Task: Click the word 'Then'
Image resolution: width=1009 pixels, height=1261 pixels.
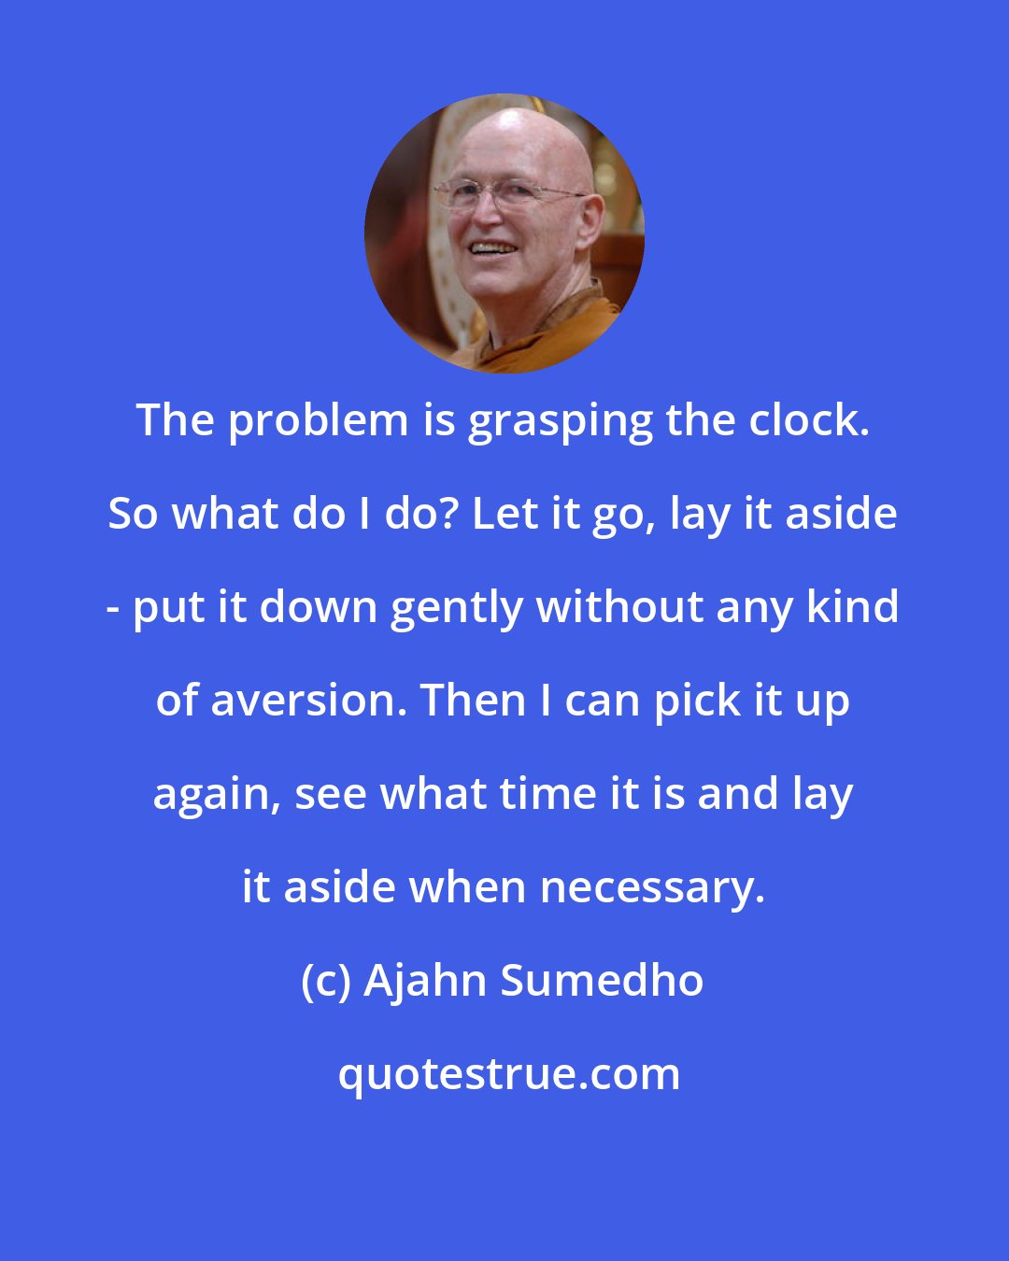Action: tap(462, 701)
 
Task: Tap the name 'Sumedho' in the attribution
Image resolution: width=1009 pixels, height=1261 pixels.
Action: tap(603, 981)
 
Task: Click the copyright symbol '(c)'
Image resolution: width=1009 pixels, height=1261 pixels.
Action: tap(326, 982)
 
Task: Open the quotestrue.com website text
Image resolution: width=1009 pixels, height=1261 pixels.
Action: tap(509, 1075)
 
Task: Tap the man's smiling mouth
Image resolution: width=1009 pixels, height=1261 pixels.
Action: tap(492, 249)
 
